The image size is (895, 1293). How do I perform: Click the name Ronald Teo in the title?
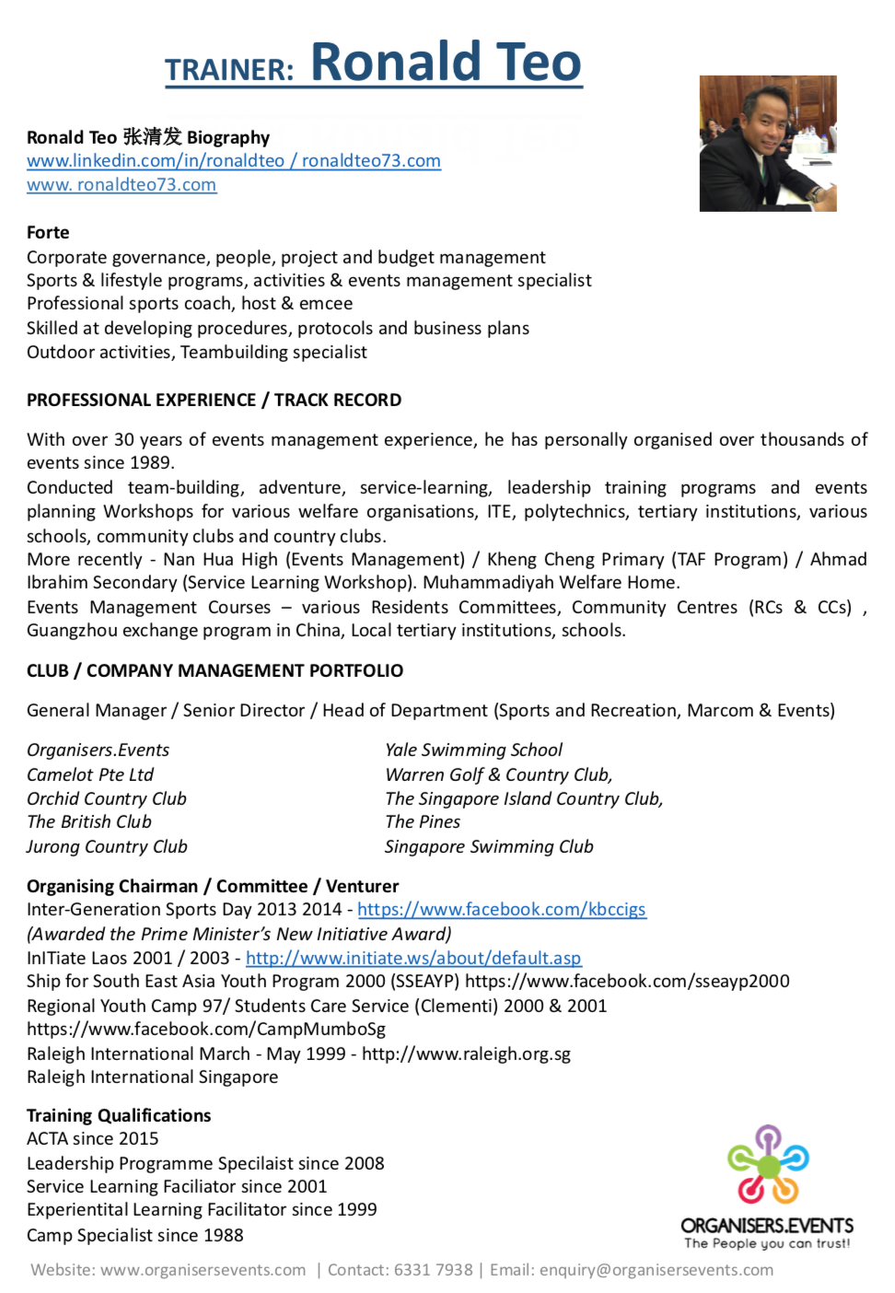click(446, 63)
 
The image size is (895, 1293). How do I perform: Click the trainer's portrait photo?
click(768, 144)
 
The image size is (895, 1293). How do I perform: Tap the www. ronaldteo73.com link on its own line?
click(122, 185)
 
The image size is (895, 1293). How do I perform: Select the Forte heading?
click(48, 233)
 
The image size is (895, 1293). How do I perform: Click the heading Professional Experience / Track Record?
click(214, 401)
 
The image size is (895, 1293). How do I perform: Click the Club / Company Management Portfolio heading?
click(215, 671)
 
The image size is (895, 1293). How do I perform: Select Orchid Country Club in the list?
click(107, 799)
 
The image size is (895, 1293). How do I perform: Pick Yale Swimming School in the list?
click(473, 751)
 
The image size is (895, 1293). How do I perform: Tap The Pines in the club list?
click(423, 822)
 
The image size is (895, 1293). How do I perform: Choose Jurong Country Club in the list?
click(107, 847)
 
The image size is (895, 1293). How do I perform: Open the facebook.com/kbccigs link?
click(502, 910)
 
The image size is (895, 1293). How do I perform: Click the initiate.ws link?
click(413, 959)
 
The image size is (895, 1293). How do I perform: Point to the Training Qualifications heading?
click(119, 1116)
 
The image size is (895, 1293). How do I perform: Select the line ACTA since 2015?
click(93, 1139)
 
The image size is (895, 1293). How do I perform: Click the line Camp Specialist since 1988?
click(135, 1236)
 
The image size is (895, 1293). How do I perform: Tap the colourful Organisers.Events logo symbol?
click(768, 1165)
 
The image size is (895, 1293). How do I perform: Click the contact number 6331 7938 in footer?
click(433, 1271)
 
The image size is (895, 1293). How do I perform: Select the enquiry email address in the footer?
click(656, 1271)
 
